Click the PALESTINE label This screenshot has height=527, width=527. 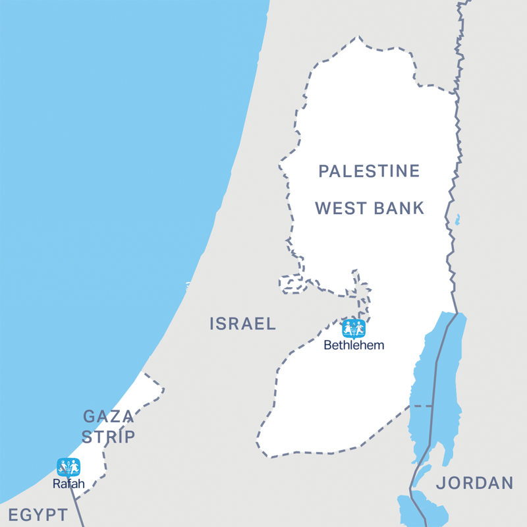(x=369, y=172)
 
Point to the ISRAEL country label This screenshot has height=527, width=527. (x=242, y=323)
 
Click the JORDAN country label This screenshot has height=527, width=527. (x=474, y=483)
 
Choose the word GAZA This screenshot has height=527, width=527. (x=109, y=416)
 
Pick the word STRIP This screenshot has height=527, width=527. (x=109, y=437)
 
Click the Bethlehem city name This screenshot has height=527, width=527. (x=354, y=345)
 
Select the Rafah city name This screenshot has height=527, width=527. (x=69, y=484)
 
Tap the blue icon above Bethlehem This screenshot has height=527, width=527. (x=354, y=327)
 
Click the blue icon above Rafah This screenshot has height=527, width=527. (x=69, y=466)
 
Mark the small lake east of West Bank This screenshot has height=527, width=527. (x=457, y=220)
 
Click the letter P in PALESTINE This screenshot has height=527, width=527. (x=323, y=172)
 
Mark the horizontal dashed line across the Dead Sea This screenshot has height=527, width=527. (x=422, y=406)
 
